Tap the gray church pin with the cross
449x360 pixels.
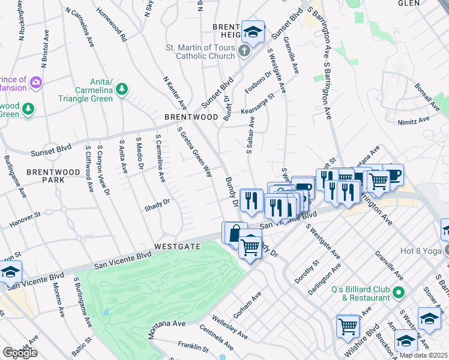click(244, 51)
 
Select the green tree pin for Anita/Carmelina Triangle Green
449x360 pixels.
click(122, 89)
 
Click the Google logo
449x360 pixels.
click(20, 353)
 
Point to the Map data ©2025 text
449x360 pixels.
click(423, 355)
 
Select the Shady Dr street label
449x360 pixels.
click(157, 205)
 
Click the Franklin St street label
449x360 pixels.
click(193, 346)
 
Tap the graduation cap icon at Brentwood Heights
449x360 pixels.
click(253, 32)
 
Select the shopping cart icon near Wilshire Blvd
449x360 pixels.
click(348, 326)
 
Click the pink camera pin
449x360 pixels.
click(35, 81)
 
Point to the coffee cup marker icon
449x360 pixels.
click(393, 174)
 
